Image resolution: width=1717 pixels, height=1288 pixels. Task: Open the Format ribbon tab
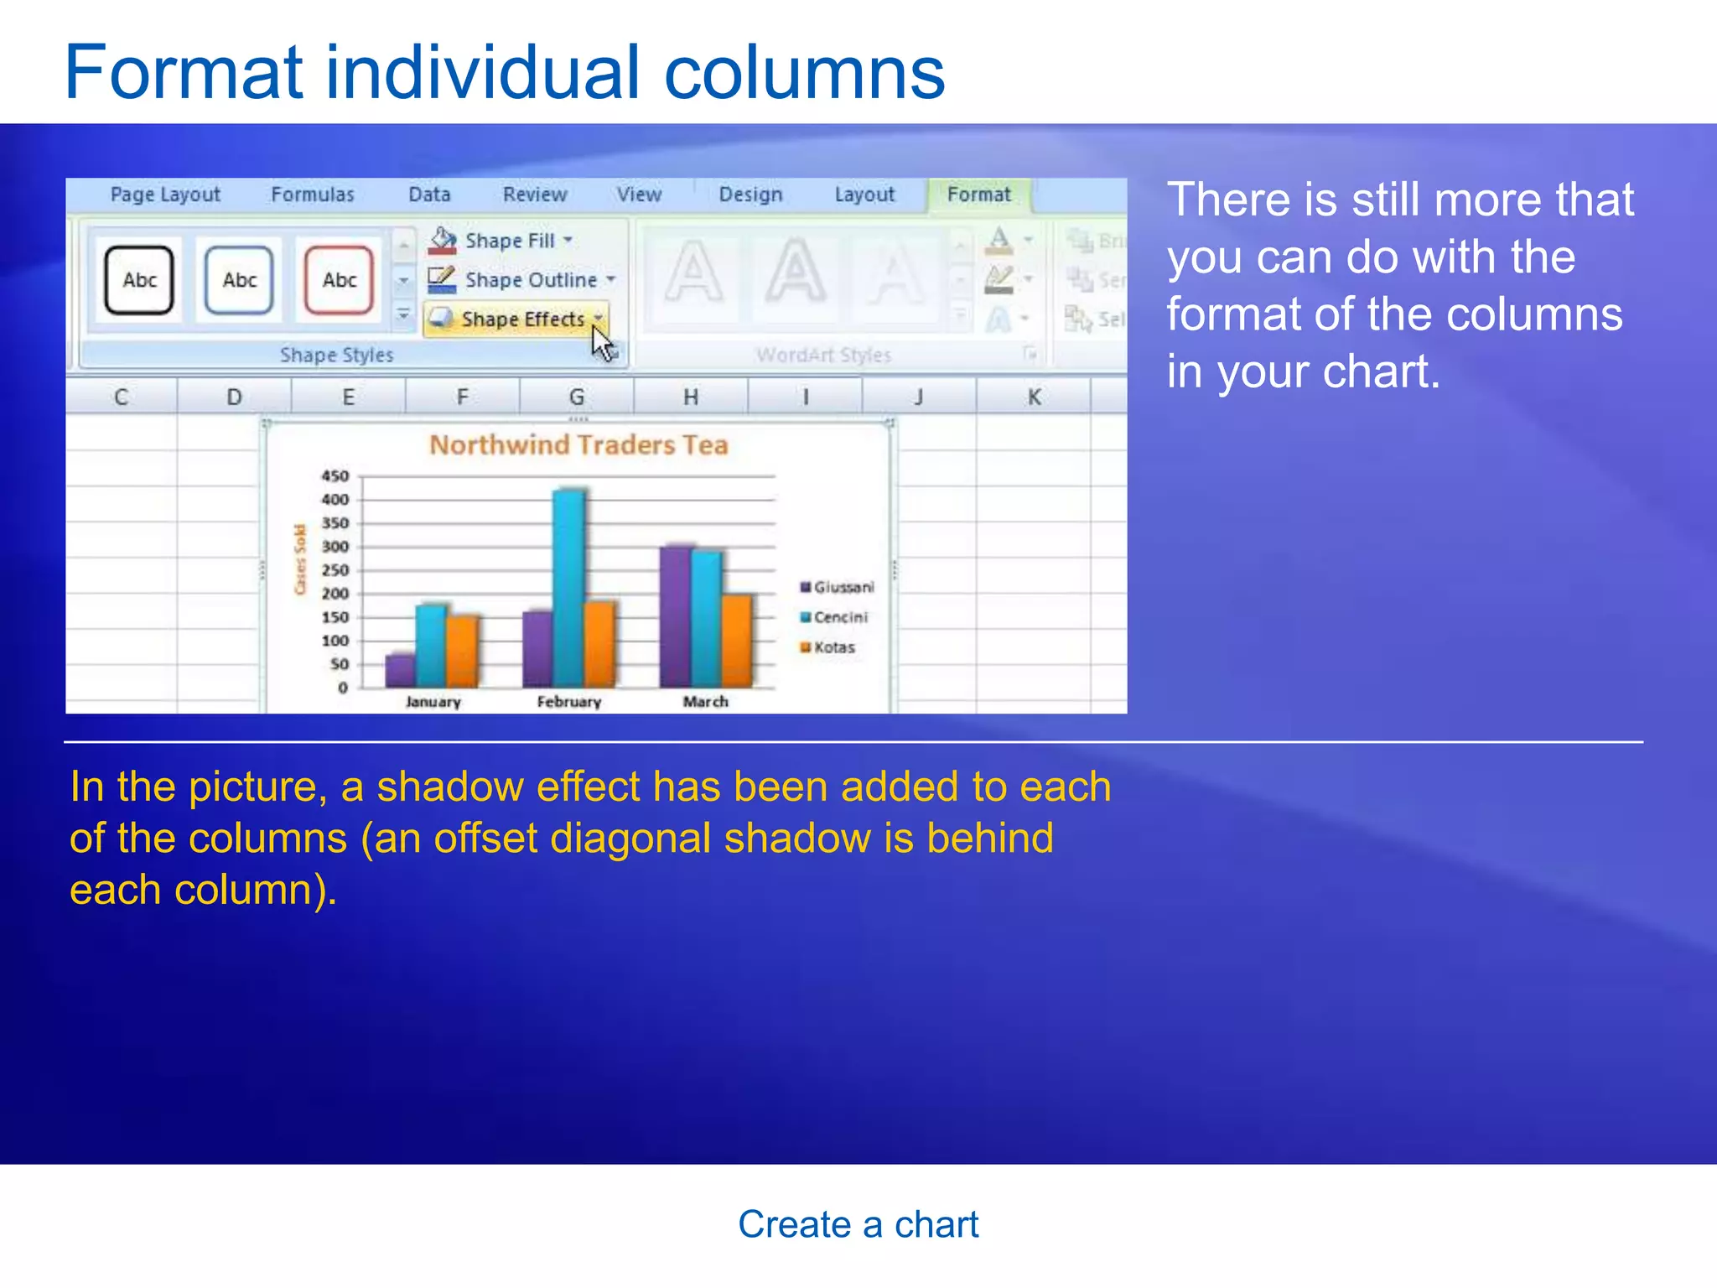pos(978,195)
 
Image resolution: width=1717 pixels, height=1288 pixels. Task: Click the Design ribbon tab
pos(750,195)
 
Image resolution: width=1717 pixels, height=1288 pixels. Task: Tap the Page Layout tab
pos(165,195)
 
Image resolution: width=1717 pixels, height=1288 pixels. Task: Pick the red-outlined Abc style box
pos(339,280)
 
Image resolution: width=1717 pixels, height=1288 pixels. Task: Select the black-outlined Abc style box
pos(139,280)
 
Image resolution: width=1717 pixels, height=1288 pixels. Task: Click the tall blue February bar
pos(569,587)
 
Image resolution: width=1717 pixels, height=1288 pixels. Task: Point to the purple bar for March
pos(676,616)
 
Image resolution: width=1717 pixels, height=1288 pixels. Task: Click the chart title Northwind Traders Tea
pos(578,445)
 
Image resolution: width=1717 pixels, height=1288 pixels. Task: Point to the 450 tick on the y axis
pos(335,476)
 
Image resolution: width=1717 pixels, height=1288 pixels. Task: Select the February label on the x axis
pos(569,702)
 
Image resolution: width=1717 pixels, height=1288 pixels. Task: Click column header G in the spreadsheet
pos(577,397)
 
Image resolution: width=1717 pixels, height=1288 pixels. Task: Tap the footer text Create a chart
pos(858,1224)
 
